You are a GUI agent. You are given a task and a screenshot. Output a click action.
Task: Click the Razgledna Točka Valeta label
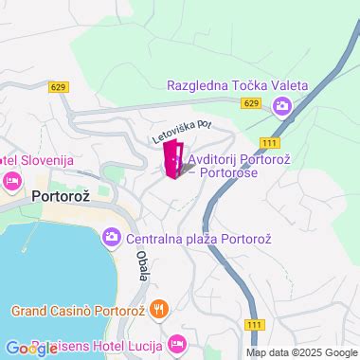click(x=237, y=85)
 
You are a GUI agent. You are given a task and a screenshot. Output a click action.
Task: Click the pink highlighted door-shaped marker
click(x=174, y=158)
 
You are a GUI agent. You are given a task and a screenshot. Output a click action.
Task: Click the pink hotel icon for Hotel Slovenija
click(x=12, y=180)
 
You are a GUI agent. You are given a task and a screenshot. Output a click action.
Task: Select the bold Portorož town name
click(x=61, y=198)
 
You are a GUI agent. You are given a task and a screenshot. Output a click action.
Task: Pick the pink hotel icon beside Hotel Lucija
click(x=176, y=341)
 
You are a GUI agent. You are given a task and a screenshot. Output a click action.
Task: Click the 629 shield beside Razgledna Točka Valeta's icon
click(x=250, y=103)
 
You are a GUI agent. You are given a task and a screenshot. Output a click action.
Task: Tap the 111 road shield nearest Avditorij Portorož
click(x=270, y=141)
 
